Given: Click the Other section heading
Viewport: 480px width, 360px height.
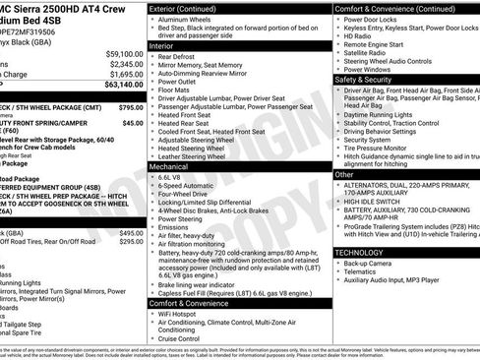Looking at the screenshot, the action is [345, 174].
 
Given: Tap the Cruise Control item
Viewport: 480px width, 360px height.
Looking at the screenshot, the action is [186, 338].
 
